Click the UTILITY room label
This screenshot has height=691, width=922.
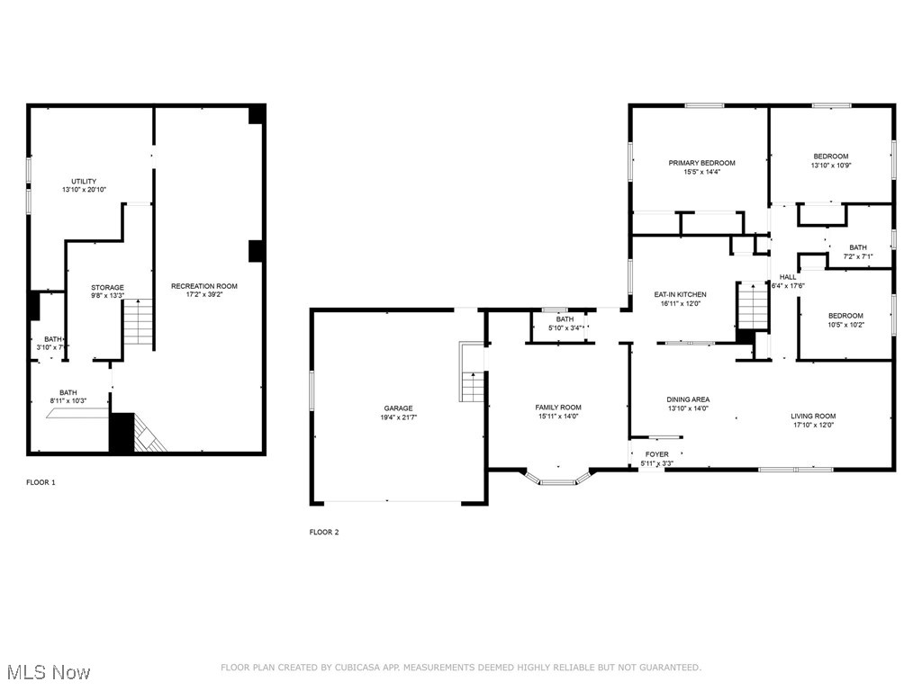(x=85, y=182)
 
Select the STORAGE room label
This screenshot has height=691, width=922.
(x=107, y=288)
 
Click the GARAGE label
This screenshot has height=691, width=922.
(x=397, y=408)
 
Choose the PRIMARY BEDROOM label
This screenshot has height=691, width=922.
(x=701, y=163)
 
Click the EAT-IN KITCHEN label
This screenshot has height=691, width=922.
(x=680, y=294)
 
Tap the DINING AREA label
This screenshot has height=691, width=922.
(x=688, y=399)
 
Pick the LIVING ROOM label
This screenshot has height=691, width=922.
(x=813, y=416)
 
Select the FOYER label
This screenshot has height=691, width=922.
(x=656, y=454)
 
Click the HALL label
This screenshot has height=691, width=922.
(x=788, y=277)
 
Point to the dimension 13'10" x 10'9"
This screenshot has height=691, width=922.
(x=830, y=166)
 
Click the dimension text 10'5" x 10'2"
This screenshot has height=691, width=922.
(x=845, y=325)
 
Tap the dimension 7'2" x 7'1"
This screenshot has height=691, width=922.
(x=858, y=256)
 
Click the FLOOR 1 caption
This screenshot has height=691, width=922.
(x=41, y=483)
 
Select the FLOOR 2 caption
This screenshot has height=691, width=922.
(x=324, y=533)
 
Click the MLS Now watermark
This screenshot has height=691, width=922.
(x=47, y=672)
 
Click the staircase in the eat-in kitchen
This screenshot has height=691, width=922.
(x=750, y=306)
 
